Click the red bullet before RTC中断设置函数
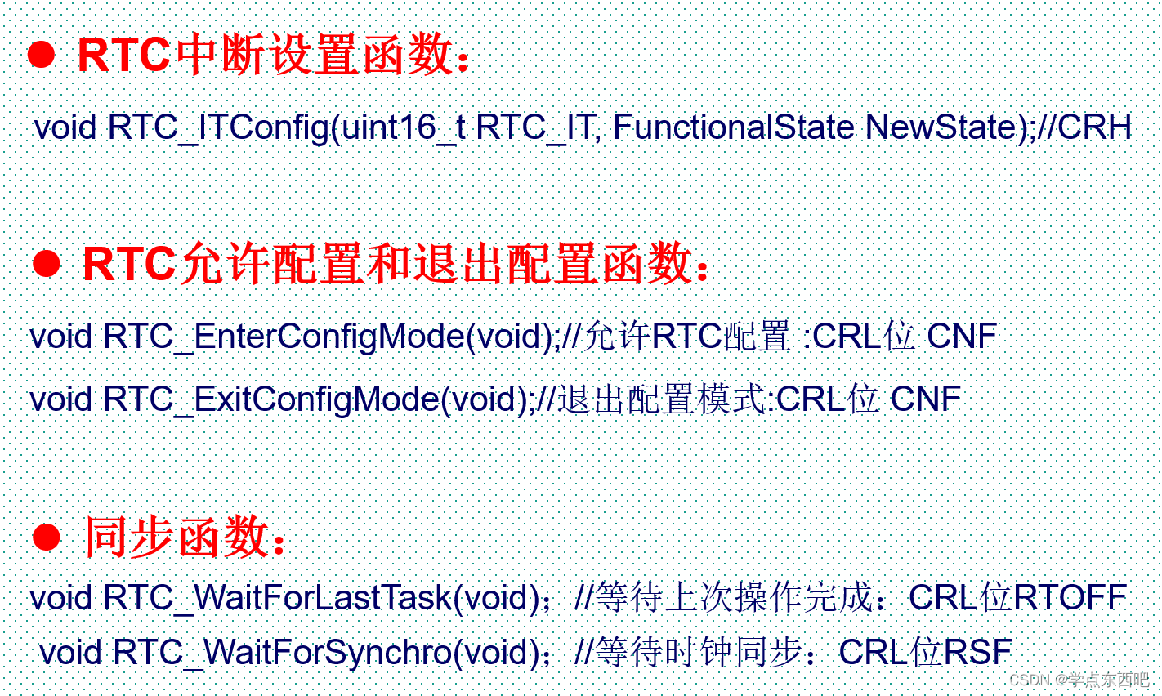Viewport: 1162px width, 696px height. click(41, 55)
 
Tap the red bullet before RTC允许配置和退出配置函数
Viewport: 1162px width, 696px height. click(46, 264)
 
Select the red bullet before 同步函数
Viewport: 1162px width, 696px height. click(46, 537)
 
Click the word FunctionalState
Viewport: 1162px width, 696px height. click(734, 127)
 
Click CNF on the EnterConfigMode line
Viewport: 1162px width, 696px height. click(962, 336)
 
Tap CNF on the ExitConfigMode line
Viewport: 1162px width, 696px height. click(926, 399)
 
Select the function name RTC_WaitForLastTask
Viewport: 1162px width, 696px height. click(278, 598)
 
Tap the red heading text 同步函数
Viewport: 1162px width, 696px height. click(177, 537)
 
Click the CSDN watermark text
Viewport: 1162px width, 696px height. click(1079, 679)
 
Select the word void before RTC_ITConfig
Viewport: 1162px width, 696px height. click(65, 127)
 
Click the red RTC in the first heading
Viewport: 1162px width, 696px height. click(123, 55)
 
